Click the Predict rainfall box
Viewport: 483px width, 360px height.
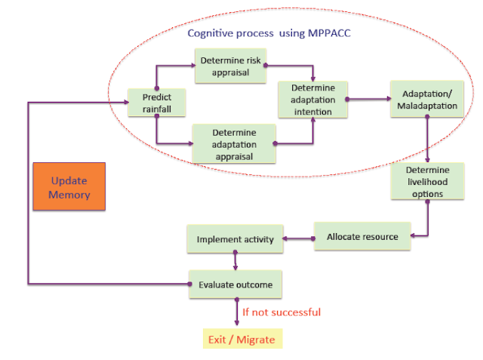(157, 103)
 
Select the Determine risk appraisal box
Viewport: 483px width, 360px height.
(231, 66)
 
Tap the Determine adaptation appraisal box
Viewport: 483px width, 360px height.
(234, 143)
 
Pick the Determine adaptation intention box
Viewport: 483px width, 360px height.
(313, 100)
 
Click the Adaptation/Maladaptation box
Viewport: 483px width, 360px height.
(427, 99)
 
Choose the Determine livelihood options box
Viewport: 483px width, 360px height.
(428, 181)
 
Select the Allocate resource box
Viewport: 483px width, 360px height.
(362, 236)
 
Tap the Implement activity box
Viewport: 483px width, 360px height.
(235, 239)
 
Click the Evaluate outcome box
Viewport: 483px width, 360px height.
(235, 285)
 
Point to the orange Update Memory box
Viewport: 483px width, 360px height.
(69, 186)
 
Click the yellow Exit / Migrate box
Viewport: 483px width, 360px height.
(243, 339)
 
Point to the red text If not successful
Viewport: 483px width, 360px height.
(281, 312)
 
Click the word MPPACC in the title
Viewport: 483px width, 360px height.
(329, 33)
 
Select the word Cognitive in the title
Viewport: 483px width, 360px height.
(209, 33)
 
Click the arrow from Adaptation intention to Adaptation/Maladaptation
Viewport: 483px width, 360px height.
(369, 99)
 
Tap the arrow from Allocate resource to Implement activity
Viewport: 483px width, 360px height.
(299, 238)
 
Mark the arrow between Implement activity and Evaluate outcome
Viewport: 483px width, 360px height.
(235, 261)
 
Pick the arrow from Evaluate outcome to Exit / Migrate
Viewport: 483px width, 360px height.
(236, 312)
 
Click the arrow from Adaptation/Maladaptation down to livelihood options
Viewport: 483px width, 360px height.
(427, 139)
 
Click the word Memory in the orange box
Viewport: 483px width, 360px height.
(69, 195)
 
